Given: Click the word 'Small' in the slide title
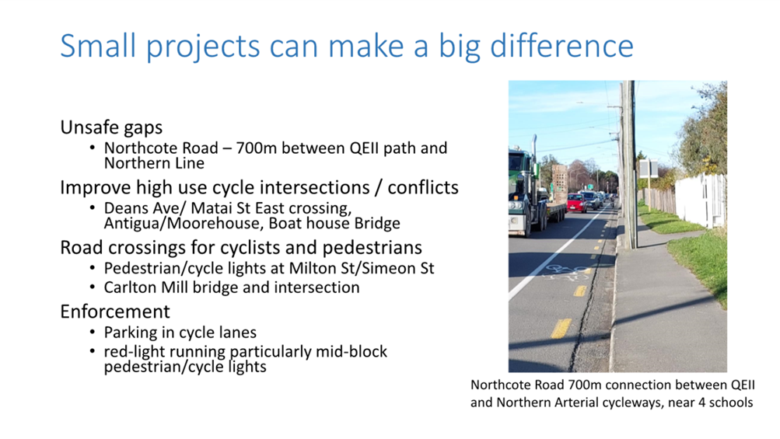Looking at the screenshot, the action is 98,46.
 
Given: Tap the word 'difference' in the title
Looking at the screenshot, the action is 561,46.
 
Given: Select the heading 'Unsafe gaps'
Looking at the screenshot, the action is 111,127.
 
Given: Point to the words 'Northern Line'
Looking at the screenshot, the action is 154,163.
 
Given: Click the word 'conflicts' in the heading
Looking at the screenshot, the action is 423,187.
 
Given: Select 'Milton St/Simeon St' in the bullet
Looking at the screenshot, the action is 362,268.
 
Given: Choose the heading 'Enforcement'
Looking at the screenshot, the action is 115,312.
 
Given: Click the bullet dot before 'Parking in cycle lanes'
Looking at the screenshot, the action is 93,332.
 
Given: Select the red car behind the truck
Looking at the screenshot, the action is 576,202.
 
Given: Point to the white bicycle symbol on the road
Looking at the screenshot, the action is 565,271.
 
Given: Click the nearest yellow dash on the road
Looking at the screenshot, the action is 561,329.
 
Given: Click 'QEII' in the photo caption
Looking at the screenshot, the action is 743,385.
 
